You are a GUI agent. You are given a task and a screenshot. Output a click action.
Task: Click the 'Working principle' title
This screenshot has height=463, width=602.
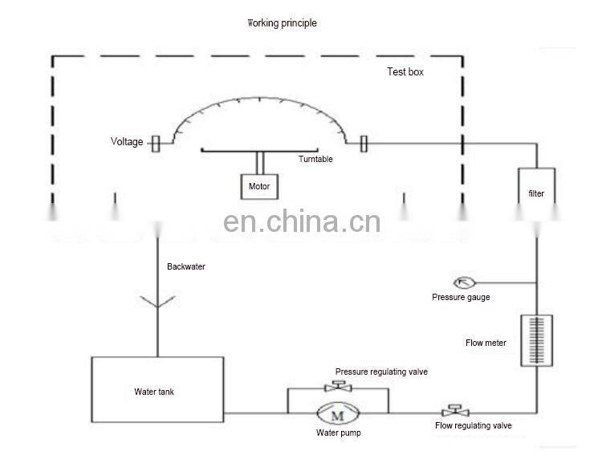(x=282, y=23)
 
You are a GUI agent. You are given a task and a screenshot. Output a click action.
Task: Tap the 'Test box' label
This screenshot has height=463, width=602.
(x=405, y=72)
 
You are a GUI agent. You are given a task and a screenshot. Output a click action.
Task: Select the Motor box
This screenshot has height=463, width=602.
(x=260, y=187)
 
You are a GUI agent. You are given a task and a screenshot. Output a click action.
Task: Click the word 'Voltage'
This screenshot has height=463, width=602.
(x=127, y=142)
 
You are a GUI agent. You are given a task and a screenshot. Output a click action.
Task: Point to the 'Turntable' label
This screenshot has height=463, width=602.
(x=315, y=159)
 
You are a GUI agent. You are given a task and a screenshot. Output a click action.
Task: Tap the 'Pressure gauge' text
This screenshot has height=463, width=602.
(x=461, y=297)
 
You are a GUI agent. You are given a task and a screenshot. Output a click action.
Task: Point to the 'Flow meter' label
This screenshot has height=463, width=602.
(x=486, y=343)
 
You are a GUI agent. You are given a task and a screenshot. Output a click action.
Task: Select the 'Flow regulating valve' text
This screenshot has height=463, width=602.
(x=474, y=426)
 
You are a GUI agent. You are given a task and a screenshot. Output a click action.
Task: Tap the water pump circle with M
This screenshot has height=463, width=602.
(x=338, y=414)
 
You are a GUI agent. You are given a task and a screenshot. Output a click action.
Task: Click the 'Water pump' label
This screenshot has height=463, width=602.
(x=338, y=433)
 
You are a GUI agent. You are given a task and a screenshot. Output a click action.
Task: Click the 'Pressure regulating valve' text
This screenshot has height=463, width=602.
(x=381, y=372)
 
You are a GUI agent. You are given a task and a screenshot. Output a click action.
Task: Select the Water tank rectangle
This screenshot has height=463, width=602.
(x=157, y=392)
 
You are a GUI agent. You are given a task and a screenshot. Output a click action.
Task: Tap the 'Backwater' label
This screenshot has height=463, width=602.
(x=186, y=266)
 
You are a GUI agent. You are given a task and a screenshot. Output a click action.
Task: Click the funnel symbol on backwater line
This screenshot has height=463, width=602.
(x=158, y=301)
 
